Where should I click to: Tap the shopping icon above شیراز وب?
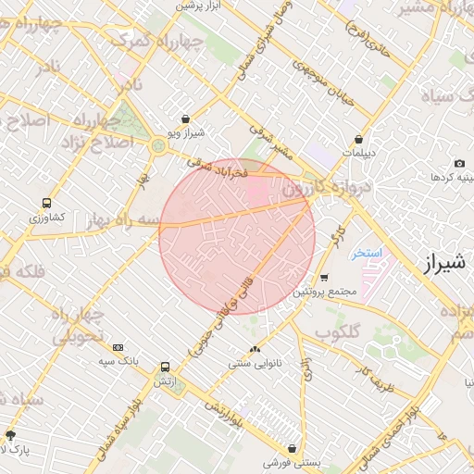(188, 118)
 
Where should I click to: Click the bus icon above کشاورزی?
(46, 203)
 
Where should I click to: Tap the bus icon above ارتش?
(165, 367)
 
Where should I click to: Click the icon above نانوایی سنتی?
(255, 349)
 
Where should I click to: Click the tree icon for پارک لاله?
(10, 434)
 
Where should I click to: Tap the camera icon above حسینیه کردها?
(460, 163)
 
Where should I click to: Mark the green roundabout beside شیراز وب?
(158, 145)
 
